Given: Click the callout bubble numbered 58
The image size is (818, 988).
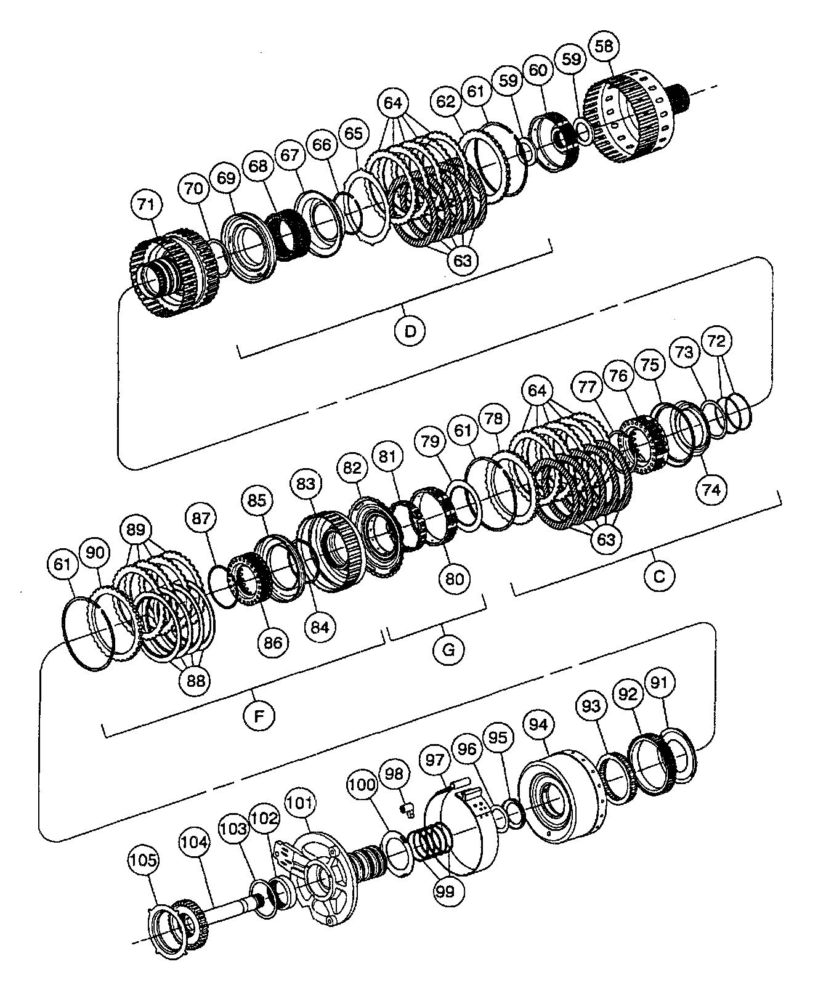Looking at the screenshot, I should pyautogui.click(x=604, y=46).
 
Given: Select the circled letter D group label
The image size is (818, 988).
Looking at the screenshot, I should pyautogui.click(x=410, y=331).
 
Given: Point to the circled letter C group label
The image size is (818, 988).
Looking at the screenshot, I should pyautogui.click(x=659, y=576).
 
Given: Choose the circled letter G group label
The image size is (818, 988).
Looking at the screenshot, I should pyautogui.click(x=448, y=650).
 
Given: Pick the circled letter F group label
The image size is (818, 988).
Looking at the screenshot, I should pyautogui.click(x=259, y=715).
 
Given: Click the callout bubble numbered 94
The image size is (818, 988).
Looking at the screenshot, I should pyautogui.click(x=538, y=724).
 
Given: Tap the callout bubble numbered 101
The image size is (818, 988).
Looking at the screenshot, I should pyautogui.click(x=300, y=803).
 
